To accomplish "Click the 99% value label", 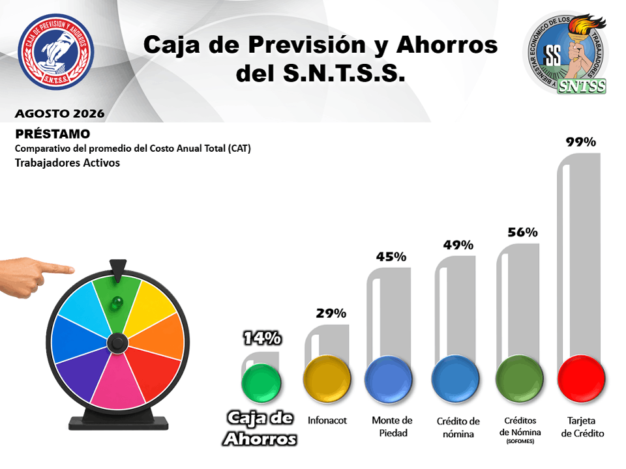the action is [x=581, y=142].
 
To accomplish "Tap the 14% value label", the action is [x=262, y=338].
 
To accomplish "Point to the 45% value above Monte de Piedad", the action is [x=391, y=257].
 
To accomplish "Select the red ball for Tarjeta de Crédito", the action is [x=581, y=378].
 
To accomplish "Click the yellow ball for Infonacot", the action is [x=327, y=379].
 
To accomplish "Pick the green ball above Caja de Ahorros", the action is [x=261, y=383].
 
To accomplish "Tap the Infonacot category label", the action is [x=327, y=420].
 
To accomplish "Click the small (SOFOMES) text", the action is [x=520, y=442].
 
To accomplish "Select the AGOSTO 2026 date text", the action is [x=60, y=113].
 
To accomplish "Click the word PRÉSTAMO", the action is [x=53, y=134].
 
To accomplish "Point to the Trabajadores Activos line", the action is [x=67, y=163].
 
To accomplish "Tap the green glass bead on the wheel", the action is [x=116, y=303].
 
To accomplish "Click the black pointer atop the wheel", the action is [x=118, y=270].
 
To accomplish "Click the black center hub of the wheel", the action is [x=117, y=343].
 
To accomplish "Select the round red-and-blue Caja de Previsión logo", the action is [x=56, y=52].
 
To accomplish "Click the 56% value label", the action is [x=522, y=232].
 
